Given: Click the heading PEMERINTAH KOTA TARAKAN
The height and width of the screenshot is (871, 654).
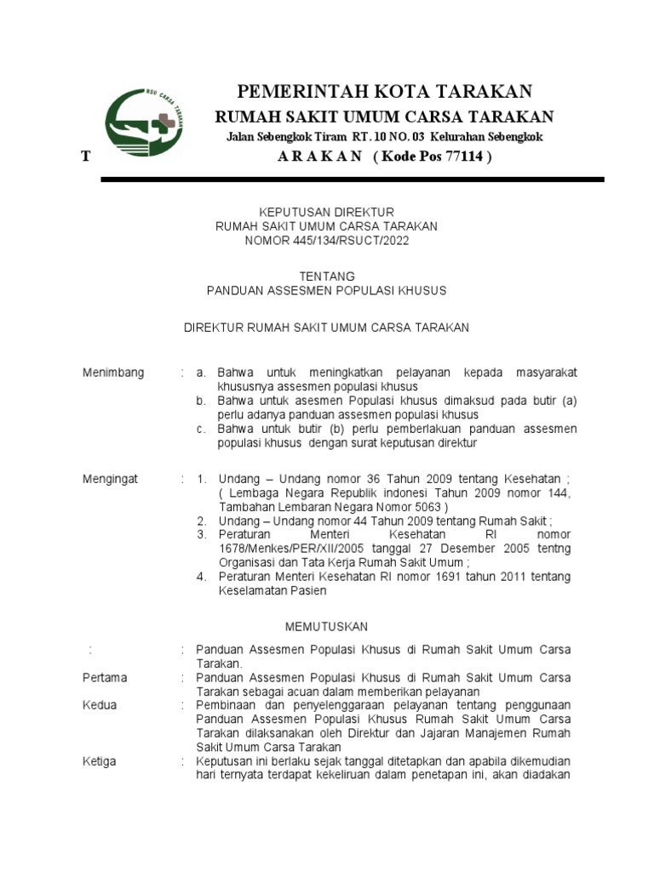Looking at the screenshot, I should coord(384,91).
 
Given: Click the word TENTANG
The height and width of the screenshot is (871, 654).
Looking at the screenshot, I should coord(327,276).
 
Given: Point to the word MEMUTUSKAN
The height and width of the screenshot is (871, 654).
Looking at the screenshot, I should coord(327,627).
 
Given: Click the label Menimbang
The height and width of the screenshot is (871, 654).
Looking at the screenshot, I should coord(113,373).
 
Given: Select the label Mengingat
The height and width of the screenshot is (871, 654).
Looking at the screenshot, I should coord(110,480).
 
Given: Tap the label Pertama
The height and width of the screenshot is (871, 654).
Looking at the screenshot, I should coord(105,678).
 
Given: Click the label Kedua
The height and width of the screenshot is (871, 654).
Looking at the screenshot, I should coord(100,705).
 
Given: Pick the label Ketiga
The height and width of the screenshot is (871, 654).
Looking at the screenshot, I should coord(100,761).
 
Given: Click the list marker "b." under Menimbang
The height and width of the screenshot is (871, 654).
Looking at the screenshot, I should coord(200,401).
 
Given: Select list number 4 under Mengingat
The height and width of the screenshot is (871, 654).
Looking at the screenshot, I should coord(201,577).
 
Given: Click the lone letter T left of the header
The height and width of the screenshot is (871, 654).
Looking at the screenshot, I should coord(85,158).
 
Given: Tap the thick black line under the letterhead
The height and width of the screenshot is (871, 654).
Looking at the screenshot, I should coord(352,180).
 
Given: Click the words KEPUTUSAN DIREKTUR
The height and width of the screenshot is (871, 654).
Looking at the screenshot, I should coord(327,212).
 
